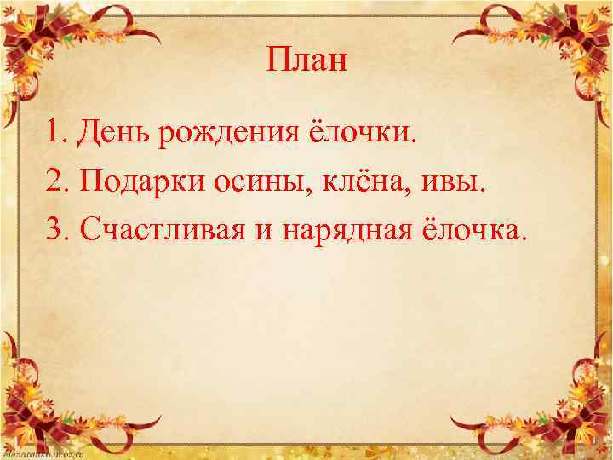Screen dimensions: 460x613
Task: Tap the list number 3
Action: click(x=55, y=228)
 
